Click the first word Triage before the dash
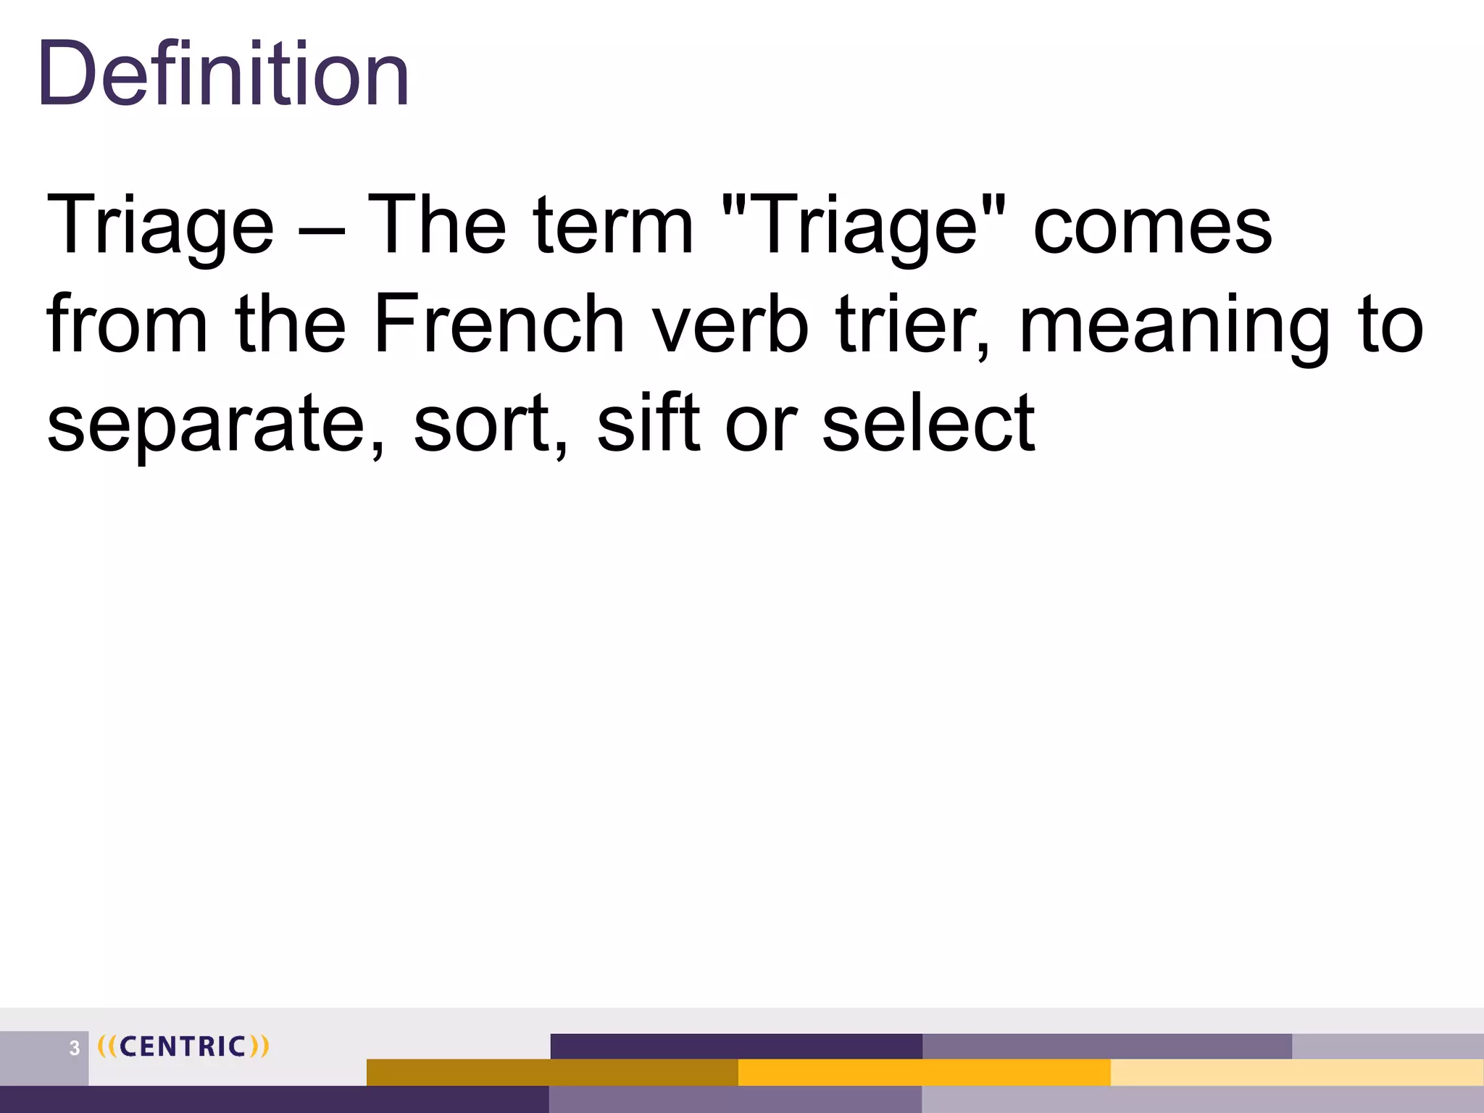160,226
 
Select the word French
499,324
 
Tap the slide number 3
74,1048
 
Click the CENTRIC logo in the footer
183,1046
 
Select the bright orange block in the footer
924,1072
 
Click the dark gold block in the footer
552,1072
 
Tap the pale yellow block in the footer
1296,1072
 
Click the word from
128,324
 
